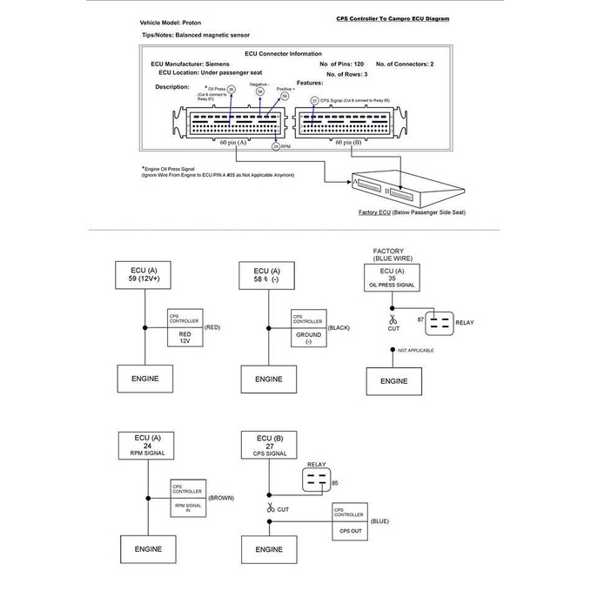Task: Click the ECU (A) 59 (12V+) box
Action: (x=141, y=276)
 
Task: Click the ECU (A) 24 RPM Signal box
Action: (x=141, y=446)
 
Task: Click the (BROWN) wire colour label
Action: (x=219, y=498)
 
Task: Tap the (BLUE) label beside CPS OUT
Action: (x=379, y=520)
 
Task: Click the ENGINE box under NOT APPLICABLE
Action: (x=393, y=380)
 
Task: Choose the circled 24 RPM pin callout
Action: (x=276, y=147)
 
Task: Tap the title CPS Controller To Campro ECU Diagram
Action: (x=393, y=18)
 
